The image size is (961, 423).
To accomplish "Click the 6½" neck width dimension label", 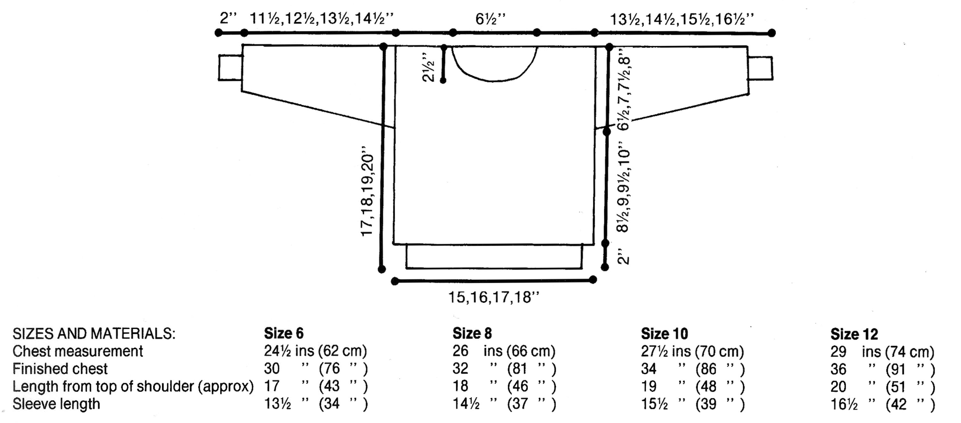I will click(490, 19).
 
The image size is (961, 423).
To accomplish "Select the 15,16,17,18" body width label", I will click(494, 297).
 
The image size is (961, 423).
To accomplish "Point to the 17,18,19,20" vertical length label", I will click(367, 191).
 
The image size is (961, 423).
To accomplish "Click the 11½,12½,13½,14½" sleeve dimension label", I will click(322, 19).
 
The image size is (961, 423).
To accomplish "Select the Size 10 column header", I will click(664, 333).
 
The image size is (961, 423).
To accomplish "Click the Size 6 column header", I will click(283, 333).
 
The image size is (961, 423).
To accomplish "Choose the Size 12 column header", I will click(854, 334).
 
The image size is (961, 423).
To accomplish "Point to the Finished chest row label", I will click(60, 369).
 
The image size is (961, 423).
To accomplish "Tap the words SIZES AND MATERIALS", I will click(94, 333).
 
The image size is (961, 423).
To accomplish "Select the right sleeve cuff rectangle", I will click(760, 68).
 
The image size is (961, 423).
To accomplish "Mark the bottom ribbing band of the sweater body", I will click(494, 256).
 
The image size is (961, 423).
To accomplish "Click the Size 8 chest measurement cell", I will click(504, 351).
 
